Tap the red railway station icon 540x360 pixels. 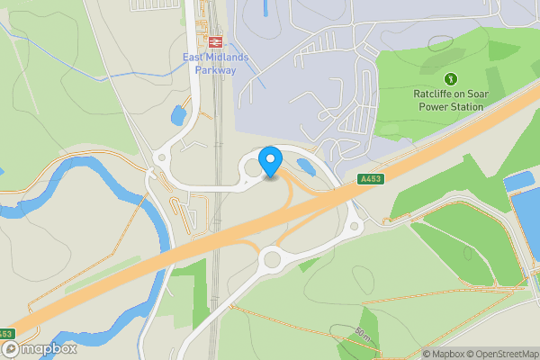point(215,41)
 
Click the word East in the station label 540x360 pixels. point(196,58)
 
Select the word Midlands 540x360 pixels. point(231,58)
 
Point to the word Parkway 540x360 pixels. point(215,70)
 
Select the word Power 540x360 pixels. point(433,106)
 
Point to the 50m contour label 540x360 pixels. point(364,335)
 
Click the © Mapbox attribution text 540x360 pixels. point(444,354)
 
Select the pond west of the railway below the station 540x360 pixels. point(178,116)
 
